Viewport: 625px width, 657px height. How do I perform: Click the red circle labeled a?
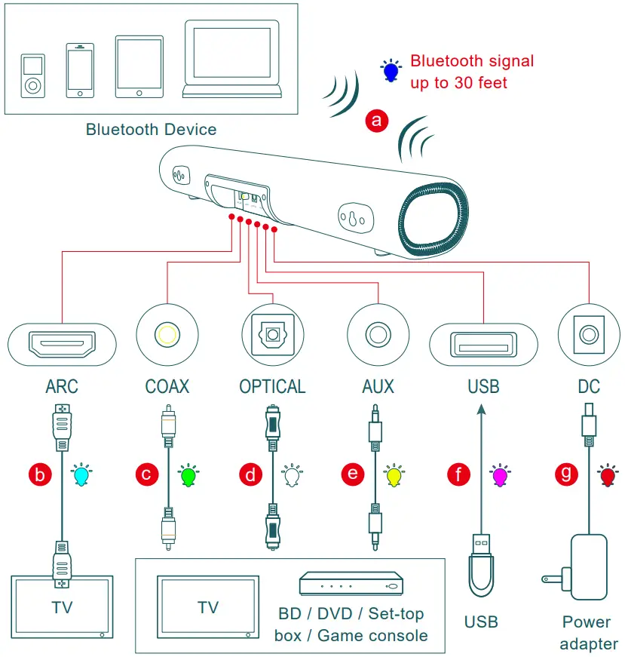pos(377,120)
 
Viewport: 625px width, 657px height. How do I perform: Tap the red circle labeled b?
pos(40,474)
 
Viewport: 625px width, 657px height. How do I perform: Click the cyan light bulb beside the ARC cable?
pos(79,475)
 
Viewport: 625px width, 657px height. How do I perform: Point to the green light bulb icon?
pos(188,475)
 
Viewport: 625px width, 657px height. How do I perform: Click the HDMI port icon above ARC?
pos(61,344)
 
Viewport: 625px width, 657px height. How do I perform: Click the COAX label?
pos(167,387)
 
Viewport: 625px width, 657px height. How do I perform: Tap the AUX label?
pos(378,387)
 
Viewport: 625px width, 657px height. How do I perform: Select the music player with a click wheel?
pos(32,75)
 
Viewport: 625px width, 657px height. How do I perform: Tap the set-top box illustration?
pos(351,584)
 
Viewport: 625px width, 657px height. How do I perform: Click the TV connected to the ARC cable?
pos(61,606)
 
